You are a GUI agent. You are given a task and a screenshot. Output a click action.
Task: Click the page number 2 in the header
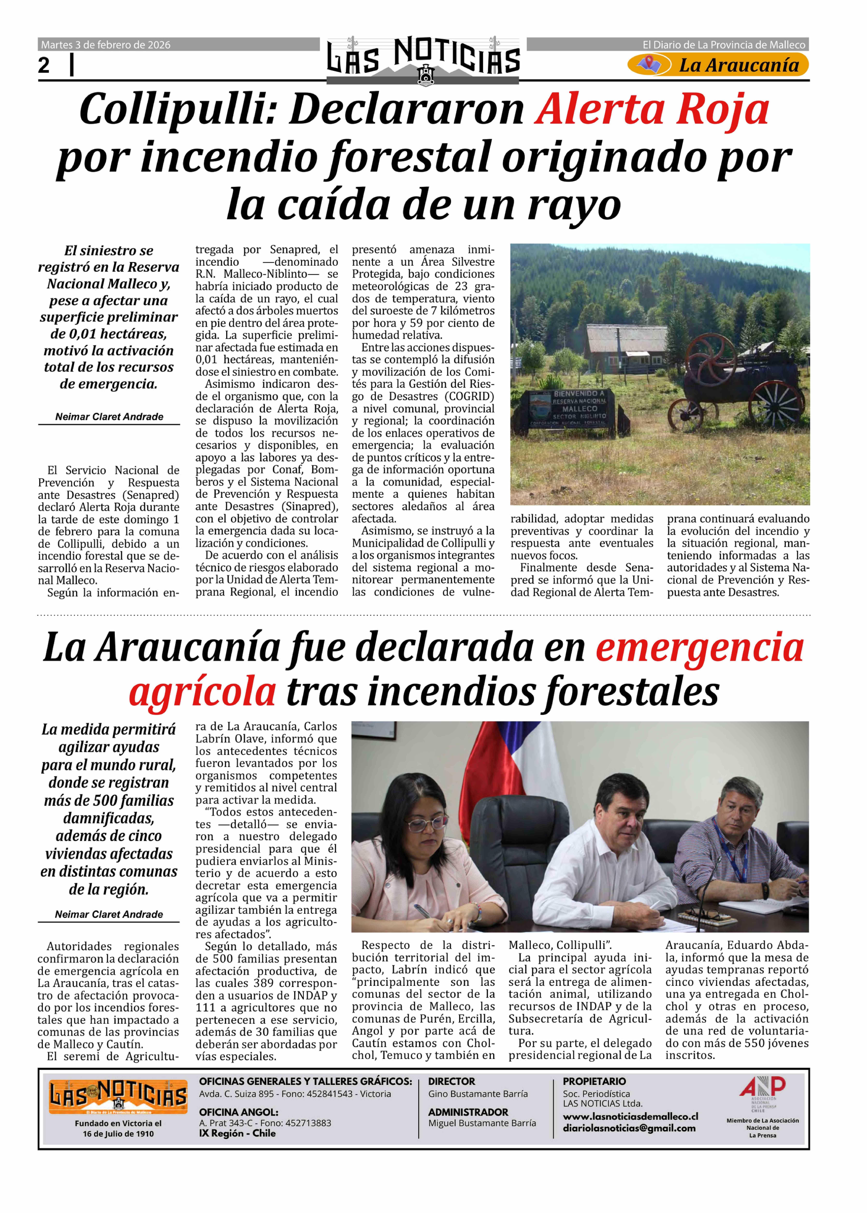click(x=44, y=66)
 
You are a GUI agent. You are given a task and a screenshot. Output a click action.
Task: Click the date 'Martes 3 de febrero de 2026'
click(x=106, y=45)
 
